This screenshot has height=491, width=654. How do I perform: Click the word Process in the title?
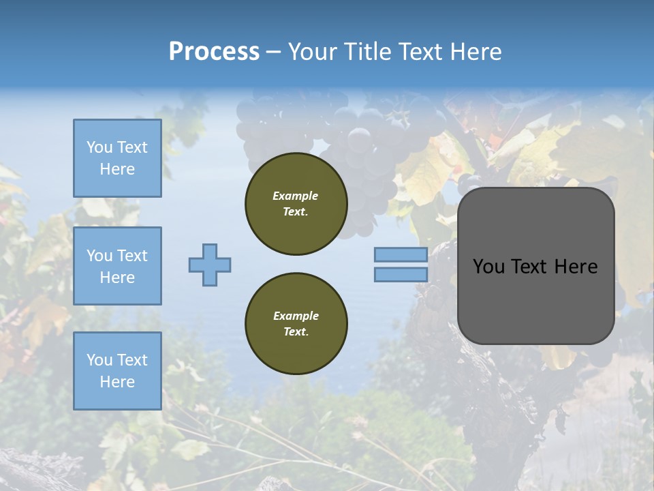[x=214, y=52]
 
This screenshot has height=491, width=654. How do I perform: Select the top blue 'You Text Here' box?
[x=117, y=158]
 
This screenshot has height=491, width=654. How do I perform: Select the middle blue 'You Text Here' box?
[x=117, y=266]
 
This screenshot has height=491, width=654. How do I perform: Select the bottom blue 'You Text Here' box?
[x=117, y=371]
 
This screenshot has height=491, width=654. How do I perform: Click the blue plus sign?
[x=210, y=265]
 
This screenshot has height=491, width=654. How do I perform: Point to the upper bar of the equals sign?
[x=401, y=255]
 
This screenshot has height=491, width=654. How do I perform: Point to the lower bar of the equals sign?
[x=401, y=275]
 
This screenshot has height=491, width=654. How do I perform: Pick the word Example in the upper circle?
[x=296, y=196]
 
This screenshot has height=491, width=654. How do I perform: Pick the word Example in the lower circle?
[x=296, y=316]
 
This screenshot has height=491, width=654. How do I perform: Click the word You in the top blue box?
[x=99, y=147]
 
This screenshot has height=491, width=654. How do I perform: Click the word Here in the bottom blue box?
[x=117, y=382]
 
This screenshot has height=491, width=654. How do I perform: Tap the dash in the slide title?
[x=273, y=52]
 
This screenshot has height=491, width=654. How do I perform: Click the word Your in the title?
[x=311, y=52]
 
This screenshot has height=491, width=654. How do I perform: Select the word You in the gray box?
[x=488, y=267]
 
